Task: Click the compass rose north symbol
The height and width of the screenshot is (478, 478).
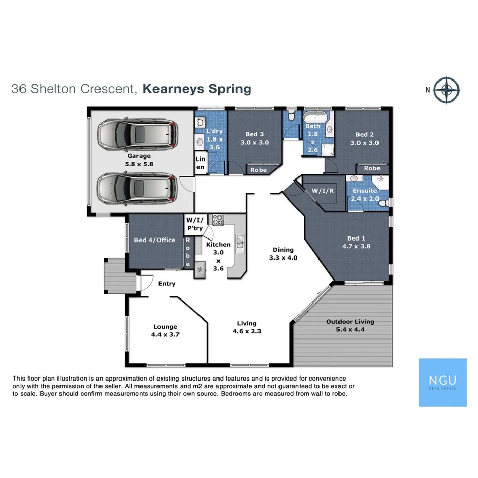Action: coord(447,90)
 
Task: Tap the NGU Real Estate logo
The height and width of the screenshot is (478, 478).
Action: coord(443,383)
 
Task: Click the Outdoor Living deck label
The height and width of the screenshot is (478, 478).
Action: coord(350,325)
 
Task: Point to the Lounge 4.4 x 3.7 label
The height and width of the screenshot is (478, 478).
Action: coord(165,330)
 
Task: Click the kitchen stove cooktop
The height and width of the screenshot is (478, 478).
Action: coord(218,220)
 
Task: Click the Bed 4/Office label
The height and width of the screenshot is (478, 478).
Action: coord(154,240)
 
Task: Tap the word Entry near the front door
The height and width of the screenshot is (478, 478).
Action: coord(167,284)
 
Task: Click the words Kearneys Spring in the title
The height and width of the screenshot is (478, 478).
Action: coord(197,89)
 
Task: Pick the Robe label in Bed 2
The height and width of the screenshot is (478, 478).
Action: coord(372,168)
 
